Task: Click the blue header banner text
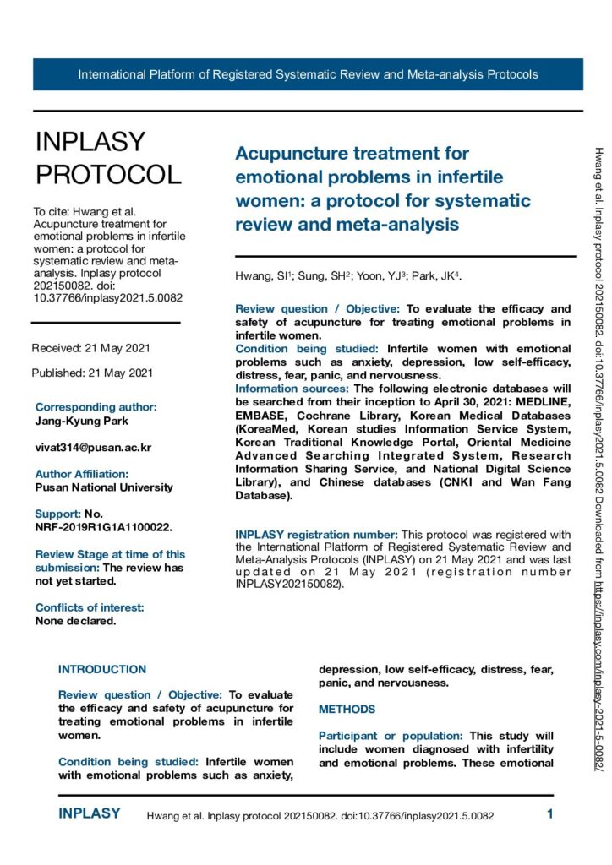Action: (308, 74)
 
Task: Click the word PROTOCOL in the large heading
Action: (108, 174)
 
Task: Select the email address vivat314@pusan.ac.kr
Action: (93, 448)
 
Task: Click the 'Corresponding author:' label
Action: (96, 407)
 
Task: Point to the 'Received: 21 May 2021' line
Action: (92, 348)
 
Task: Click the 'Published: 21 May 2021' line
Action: (92, 373)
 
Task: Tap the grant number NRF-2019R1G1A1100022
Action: (104, 527)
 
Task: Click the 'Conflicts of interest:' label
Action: (90, 607)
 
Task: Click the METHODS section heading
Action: (347, 710)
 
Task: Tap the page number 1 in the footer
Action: (549, 815)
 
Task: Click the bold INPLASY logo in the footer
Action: (90, 814)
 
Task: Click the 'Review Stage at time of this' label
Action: (110, 554)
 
